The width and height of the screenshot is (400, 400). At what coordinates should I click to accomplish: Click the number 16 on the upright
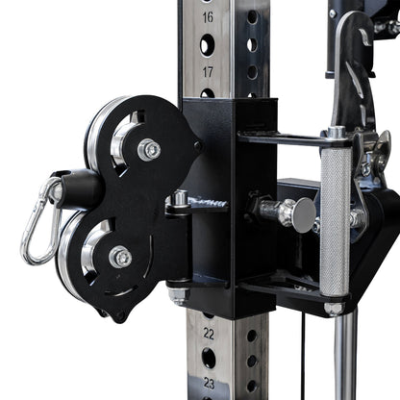(208, 17)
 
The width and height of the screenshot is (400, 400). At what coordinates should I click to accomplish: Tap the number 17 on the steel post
(208, 72)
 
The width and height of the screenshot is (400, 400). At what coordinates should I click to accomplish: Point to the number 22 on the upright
(209, 333)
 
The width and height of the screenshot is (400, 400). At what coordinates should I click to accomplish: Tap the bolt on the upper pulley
(148, 150)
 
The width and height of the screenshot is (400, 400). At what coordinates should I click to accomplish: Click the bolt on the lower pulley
(119, 258)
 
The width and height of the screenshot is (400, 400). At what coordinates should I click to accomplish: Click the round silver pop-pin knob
(303, 214)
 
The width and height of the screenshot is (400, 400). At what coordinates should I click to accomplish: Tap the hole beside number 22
(251, 333)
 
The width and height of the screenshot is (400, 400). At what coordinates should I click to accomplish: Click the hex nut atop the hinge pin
(180, 199)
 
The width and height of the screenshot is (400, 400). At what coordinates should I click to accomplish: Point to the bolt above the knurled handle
(336, 133)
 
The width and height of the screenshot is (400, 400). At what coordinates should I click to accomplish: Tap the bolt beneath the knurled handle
(334, 308)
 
